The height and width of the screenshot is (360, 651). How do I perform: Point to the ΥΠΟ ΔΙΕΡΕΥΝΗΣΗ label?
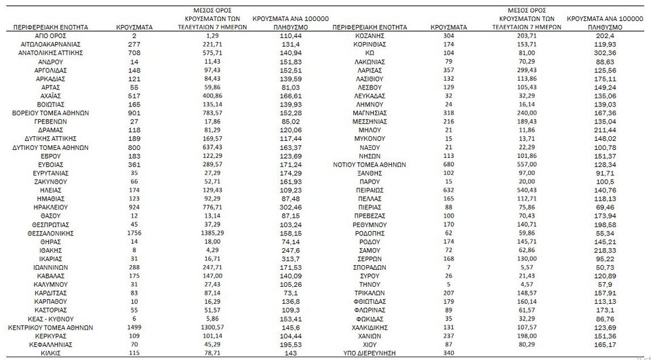point(369,354)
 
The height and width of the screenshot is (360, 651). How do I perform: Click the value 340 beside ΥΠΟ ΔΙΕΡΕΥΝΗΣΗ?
point(449,354)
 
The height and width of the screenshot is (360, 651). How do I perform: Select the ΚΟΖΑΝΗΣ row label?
point(369,34)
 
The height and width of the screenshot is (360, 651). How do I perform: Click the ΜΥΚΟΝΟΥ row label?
point(369,138)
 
